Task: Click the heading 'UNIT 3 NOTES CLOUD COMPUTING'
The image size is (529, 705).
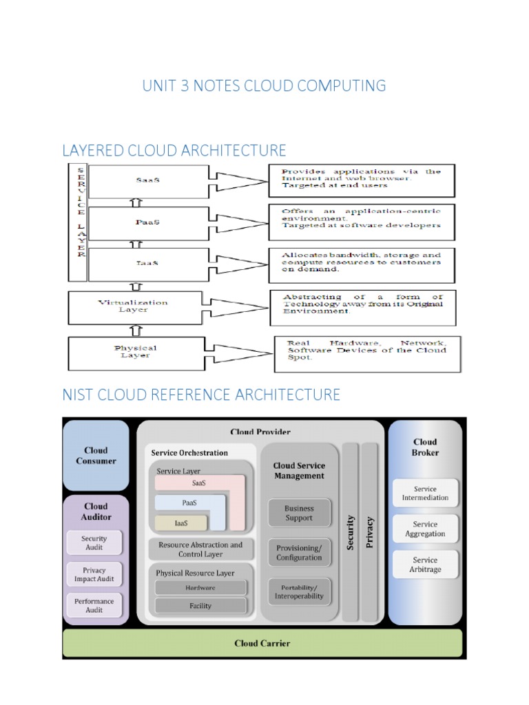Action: [x=264, y=86]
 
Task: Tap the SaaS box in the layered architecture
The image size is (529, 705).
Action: [x=147, y=180]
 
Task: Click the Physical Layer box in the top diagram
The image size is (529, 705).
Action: [x=136, y=352]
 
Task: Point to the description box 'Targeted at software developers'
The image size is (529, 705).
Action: [x=361, y=220]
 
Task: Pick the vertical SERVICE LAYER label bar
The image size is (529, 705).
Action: [x=80, y=221]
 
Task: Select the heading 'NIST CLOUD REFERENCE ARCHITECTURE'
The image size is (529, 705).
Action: [x=201, y=395]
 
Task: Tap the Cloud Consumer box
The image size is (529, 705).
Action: [x=96, y=455]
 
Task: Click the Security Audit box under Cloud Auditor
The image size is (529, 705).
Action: [x=94, y=543]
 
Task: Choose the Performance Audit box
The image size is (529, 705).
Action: [x=94, y=606]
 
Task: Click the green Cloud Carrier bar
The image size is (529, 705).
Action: [x=262, y=644]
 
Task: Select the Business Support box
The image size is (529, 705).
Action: [x=299, y=514]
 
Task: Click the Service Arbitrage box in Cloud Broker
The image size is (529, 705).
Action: [x=425, y=565]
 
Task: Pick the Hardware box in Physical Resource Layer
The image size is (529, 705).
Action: [x=200, y=588]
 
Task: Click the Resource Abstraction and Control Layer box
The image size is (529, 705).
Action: [x=200, y=549]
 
